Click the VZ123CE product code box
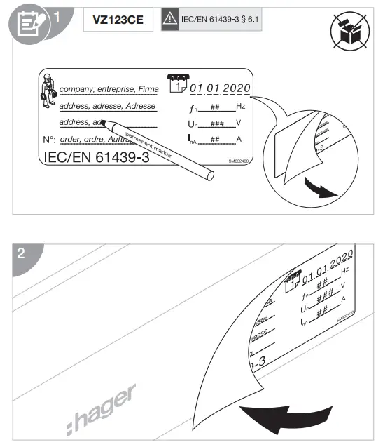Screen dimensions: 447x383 coord(118,20)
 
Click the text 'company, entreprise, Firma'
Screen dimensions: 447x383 coord(108,90)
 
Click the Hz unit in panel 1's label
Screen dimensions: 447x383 coord(240,106)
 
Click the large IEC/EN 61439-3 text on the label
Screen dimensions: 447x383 coord(96,157)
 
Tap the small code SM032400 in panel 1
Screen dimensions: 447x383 coord(239,160)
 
